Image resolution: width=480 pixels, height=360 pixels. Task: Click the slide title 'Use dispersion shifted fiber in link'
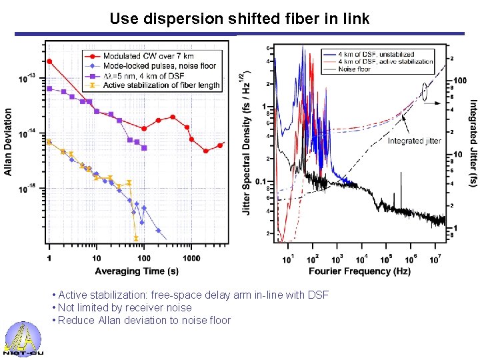[239, 19]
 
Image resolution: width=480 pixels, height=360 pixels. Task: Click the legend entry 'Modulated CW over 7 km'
[141, 56]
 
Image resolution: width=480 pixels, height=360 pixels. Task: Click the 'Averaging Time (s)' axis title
[137, 271]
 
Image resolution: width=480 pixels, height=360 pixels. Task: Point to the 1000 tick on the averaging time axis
[191, 258]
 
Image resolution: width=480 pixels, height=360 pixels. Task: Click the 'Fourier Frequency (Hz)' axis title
[359, 271]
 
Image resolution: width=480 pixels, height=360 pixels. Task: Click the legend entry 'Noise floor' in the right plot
[355, 69]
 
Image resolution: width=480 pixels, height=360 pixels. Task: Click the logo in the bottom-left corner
[23, 339]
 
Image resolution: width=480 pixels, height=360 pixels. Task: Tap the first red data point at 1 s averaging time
[49, 61]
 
